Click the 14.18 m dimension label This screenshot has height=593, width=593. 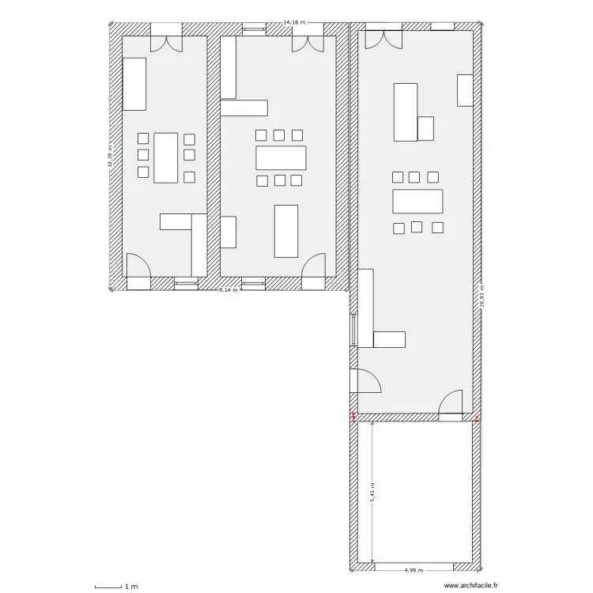coord(294,23)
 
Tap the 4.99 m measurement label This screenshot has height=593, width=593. coord(414,569)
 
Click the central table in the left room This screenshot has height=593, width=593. coord(166,157)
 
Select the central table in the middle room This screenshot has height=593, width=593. coord(281,157)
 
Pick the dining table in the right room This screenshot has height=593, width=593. coord(417,202)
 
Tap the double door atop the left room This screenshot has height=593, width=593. coord(167,40)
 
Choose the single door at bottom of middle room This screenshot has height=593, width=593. coord(313,266)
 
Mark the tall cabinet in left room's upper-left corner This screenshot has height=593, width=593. coord(134,83)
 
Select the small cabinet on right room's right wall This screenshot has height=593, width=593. coord(465,90)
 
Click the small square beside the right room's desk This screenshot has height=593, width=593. coord(426,128)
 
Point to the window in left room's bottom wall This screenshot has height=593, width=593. coord(187,281)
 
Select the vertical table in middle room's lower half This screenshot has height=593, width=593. coord(286,231)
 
